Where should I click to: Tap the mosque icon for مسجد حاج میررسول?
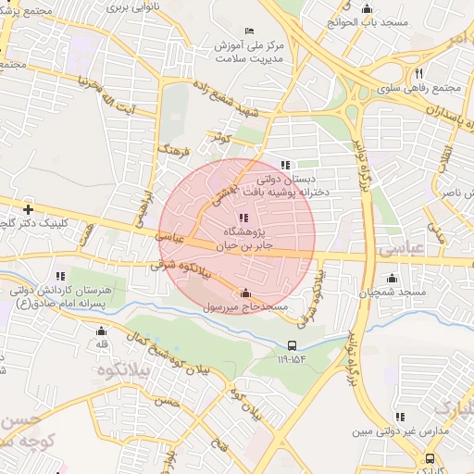click(245, 293)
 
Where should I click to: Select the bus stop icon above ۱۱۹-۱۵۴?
click(293, 345)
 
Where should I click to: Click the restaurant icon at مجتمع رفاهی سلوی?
click(418, 73)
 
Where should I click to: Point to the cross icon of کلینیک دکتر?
click(28, 209)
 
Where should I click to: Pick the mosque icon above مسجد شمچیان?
click(393, 278)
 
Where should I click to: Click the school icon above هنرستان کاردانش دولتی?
click(60, 275)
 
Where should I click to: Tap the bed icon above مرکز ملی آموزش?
click(247, 31)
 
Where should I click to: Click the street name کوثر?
click(219, 138)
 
